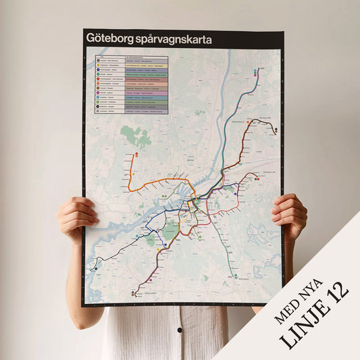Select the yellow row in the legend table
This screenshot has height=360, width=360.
pyautogui.click(x=131, y=65)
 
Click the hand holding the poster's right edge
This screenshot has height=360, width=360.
pyautogui.click(x=290, y=214)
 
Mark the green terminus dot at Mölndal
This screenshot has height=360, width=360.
pyautogui.click(x=234, y=276)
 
